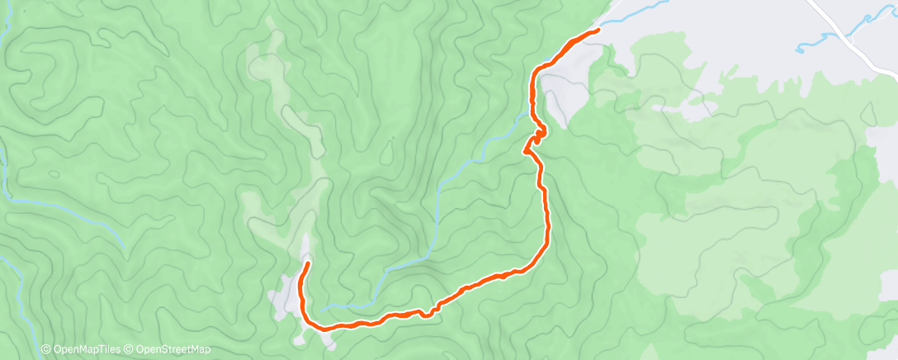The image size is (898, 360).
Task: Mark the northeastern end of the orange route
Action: tap(597, 31)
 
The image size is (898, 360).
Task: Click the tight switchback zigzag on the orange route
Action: tap(536, 136)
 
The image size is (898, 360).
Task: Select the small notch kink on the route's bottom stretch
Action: tap(428, 313)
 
